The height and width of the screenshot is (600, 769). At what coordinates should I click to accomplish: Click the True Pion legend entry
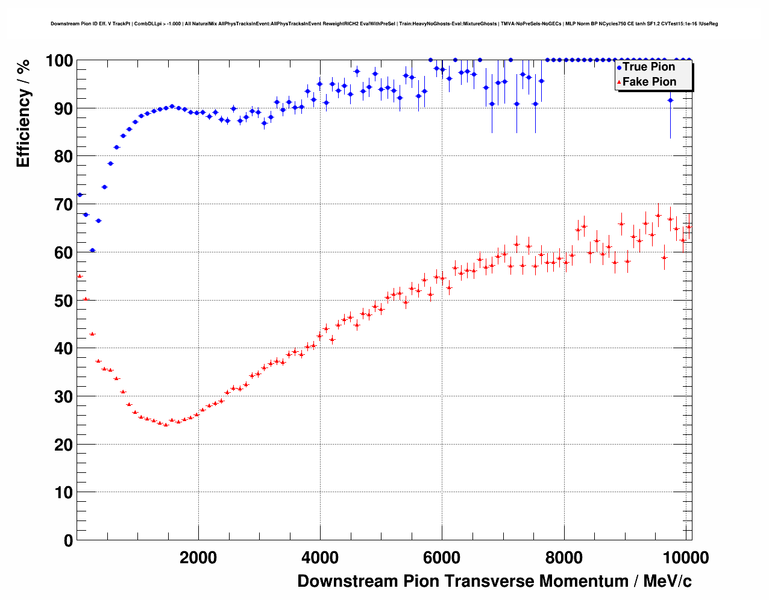pyautogui.click(x=648, y=67)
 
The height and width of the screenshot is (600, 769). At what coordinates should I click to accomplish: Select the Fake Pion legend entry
pyautogui.click(x=648, y=82)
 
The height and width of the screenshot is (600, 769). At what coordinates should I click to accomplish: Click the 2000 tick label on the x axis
pyautogui.click(x=198, y=558)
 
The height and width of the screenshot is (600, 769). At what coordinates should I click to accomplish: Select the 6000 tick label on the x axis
pyautogui.click(x=442, y=558)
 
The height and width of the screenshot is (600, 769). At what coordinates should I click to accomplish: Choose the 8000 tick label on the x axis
pyautogui.click(x=563, y=558)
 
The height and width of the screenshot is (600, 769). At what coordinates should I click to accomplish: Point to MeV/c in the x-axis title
pyautogui.click(x=667, y=581)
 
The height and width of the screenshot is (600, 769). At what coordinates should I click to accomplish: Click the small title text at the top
pyautogui.click(x=384, y=24)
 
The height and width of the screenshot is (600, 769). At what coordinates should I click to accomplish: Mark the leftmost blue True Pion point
pyautogui.click(x=80, y=195)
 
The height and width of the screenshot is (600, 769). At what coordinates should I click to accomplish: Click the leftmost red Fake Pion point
pyautogui.click(x=80, y=276)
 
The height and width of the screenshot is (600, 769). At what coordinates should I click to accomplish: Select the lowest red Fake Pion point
pyautogui.click(x=166, y=424)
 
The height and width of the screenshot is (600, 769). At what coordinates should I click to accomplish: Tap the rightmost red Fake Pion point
pyautogui.click(x=689, y=227)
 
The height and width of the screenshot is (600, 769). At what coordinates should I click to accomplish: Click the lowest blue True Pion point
pyautogui.click(x=92, y=250)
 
